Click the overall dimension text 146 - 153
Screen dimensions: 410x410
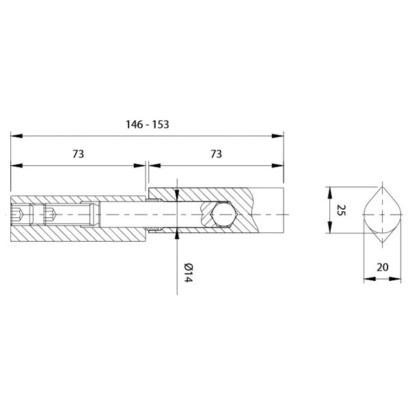(x=148, y=124)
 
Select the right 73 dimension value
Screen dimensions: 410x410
(x=216, y=154)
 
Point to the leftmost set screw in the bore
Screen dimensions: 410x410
(x=20, y=215)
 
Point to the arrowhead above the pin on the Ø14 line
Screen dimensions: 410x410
(x=178, y=194)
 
